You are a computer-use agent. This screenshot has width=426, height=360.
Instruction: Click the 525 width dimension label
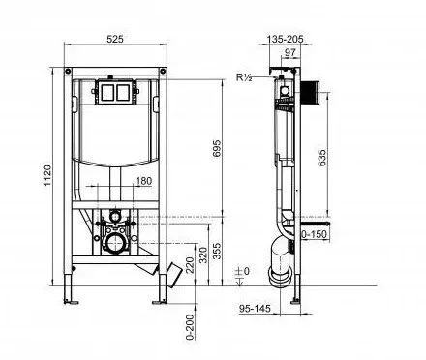(115, 39)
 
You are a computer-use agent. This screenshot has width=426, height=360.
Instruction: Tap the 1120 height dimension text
(47, 176)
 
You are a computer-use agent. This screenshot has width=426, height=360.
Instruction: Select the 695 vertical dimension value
(217, 148)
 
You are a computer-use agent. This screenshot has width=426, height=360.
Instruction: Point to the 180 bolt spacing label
(143, 181)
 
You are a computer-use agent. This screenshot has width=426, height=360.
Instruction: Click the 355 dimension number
(218, 251)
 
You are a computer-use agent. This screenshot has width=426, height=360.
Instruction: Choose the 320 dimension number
(203, 255)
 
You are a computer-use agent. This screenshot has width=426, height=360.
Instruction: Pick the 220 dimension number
(191, 265)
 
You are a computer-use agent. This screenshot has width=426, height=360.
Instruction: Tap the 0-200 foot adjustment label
(191, 327)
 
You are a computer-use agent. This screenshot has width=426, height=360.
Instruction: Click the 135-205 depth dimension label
(286, 39)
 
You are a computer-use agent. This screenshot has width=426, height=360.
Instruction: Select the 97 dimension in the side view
(290, 52)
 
